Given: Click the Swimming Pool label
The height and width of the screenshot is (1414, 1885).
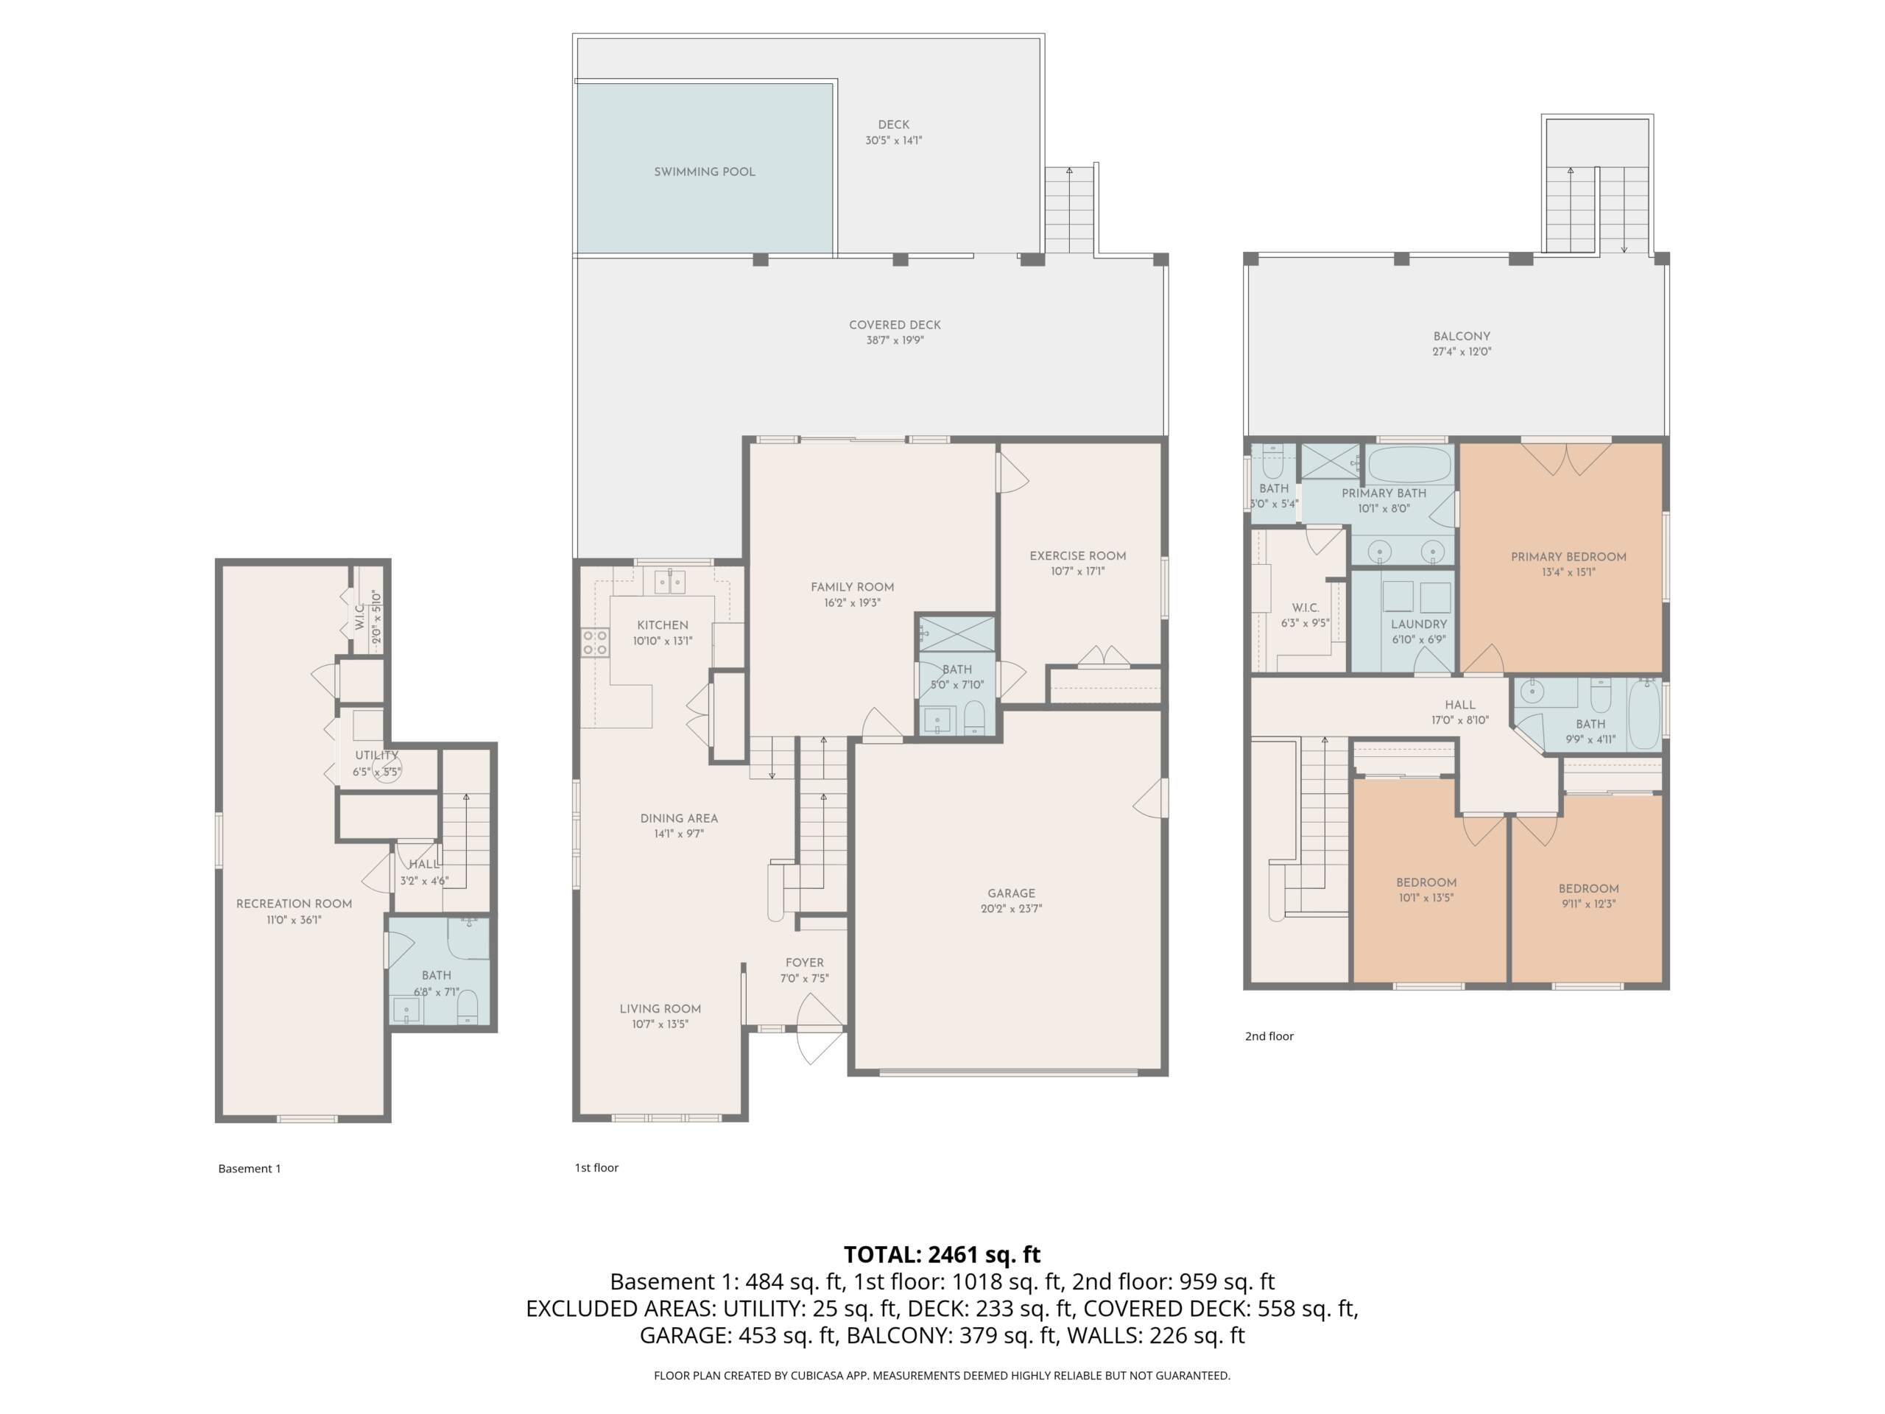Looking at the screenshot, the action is click(x=705, y=172).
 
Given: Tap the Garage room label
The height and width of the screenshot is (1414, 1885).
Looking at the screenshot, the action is click(x=1012, y=893).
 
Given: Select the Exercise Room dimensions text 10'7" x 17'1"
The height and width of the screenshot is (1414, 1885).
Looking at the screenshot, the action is click(x=1078, y=571).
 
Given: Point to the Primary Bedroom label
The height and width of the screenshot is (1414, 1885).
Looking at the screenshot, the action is click(x=1569, y=557).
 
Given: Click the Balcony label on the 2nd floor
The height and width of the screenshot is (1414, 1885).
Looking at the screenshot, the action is click(x=1462, y=337).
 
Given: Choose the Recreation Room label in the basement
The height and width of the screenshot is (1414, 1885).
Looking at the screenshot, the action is click(x=294, y=904).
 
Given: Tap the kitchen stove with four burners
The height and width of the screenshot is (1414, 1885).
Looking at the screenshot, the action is click(x=596, y=641).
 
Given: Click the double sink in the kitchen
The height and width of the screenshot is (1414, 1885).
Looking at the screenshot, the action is click(x=670, y=581).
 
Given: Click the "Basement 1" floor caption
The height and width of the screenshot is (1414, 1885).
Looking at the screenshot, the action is click(x=250, y=1169).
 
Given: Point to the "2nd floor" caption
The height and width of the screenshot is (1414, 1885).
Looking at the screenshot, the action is click(x=1269, y=1036).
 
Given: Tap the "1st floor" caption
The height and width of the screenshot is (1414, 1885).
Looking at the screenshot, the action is click(x=596, y=1168).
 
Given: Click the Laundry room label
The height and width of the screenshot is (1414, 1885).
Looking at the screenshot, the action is click(x=1419, y=624).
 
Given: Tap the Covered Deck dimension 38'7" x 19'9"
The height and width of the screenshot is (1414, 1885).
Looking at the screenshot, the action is click(x=895, y=340).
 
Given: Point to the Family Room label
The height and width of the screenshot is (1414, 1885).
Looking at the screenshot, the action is click(x=852, y=587).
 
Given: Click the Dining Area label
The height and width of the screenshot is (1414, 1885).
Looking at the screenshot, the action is click(x=679, y=818).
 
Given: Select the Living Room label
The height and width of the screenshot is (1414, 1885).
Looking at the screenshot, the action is click(x=660, y=1009).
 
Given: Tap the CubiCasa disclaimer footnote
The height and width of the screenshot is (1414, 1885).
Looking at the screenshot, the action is click(x=942, y=1375).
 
